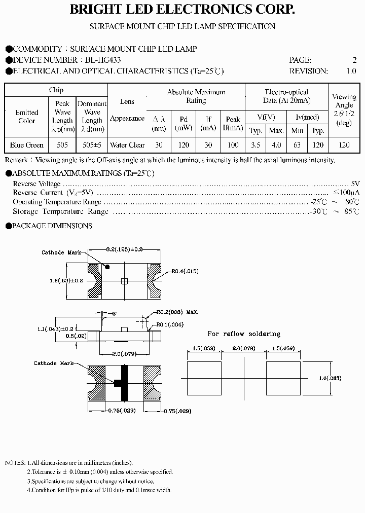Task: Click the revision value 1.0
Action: tap(351, 71)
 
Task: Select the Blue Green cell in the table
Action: tap(27, 145)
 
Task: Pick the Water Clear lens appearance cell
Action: tap(127, 145)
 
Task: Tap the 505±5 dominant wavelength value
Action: tap(92, 145)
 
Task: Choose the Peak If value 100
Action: tap(233, 145)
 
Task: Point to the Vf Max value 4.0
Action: tap(276, 145)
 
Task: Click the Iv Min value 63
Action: tap(298, 145)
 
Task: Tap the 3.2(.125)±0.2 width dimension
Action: tap(125, 249)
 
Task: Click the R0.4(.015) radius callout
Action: tap(185, 272)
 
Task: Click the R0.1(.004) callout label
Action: tap(170, 324)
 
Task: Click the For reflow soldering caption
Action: tap(244, 334)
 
